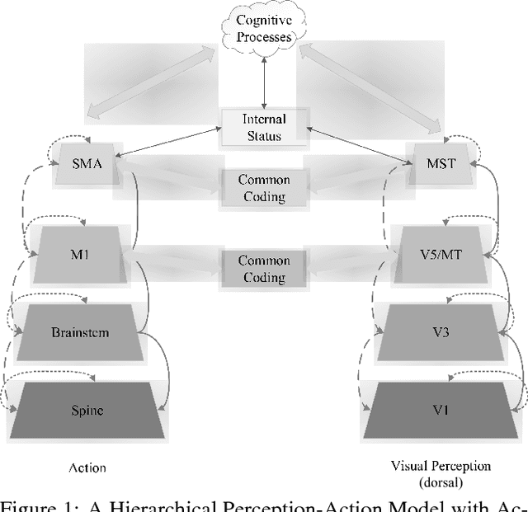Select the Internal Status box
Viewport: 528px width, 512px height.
tap(264, 129)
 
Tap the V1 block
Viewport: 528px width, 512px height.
tap(441, 408)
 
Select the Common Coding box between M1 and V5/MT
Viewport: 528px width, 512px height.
tap(263, 268)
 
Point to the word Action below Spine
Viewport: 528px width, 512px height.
tap(87, 467)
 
